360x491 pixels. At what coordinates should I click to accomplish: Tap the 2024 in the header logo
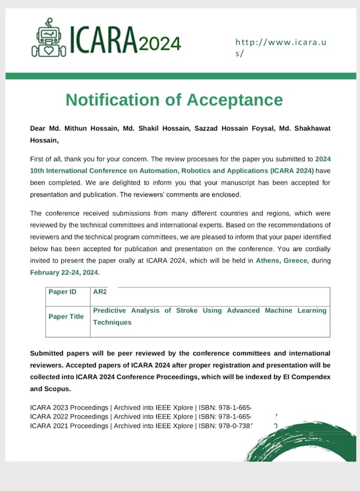coord(160,44)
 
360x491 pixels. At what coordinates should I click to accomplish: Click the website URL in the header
coord(281,48)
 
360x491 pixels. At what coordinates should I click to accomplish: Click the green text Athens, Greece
coord(282,260)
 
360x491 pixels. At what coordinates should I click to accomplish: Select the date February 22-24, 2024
coord(65,272)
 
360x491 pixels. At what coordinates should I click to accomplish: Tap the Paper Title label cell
coord(66,316)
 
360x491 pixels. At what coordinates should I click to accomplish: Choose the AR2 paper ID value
coord(100,292)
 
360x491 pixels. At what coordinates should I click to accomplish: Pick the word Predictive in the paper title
coord(112,311)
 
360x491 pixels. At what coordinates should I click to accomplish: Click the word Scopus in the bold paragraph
coord(57,389)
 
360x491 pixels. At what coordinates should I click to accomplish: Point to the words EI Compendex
coord(305,377)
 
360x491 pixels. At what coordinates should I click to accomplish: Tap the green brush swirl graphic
coord(302,442)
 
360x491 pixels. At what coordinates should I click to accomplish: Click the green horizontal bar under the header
coord(181,76)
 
